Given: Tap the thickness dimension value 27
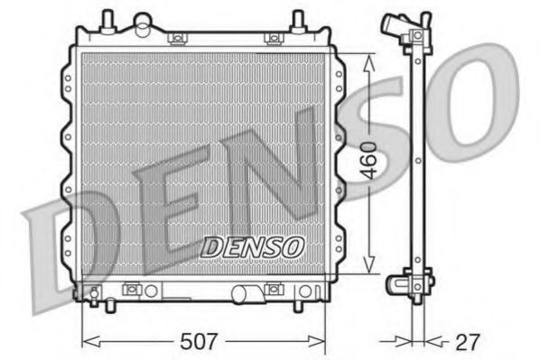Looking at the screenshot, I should [x=468, y=342].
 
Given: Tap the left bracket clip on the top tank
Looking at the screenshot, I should [x=177, y=38].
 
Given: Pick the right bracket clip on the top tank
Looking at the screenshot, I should [x=271, y=38].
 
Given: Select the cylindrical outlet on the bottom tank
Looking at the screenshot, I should [x=244, y=293].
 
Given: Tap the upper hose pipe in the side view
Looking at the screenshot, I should [x=395, y=23].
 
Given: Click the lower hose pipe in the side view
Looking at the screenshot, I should [x=398, y=284].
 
